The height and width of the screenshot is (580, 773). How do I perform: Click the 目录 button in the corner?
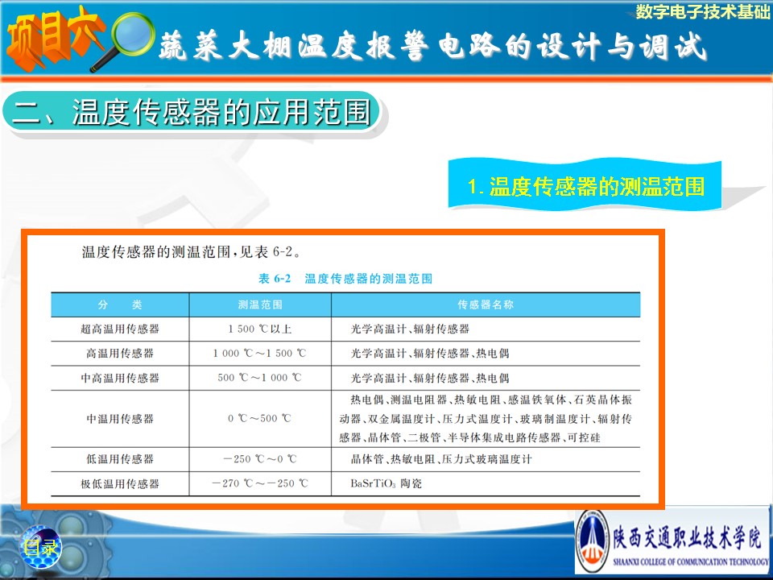pyautogui.click(x=40, y=547)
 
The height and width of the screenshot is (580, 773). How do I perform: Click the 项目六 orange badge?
pyautogui.click(x=53, y=39)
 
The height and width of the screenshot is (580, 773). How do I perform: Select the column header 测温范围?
pyautogui.click(x=260, y=304)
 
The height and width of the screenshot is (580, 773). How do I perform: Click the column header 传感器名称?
pyautogui.click(x=486, y=304)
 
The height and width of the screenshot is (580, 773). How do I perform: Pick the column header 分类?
pyautogui.click(x=120, y=304)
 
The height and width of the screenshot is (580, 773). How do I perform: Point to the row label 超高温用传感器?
pyautogui.click(x=120, y=329)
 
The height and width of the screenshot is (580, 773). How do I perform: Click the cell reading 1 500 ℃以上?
pyautogui.click(x=260, y=329)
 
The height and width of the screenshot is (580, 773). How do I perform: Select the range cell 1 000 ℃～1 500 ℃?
pyautogui.click(x=260, y=353)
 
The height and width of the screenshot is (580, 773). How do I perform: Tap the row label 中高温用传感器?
pyautogui.click(x=120, y=378)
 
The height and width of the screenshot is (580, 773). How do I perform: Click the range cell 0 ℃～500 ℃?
pyautogui.click(x=260, y=419)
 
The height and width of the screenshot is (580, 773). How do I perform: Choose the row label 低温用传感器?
pyautogui.click(x=120, y=459)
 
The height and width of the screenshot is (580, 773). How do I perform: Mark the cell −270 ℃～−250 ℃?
pyautogui.click(x=260, y=483)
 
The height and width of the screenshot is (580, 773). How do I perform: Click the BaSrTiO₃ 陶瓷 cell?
pyautogui.click(x=386, y=483)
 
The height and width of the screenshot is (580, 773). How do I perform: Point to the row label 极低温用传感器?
pyautogui.click(x=120, y=484)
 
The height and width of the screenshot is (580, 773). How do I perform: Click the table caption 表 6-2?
pyautogui.click(x=275, y=279)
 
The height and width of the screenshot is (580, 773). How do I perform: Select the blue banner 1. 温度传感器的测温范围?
pyautogui.click(x=585, y=186)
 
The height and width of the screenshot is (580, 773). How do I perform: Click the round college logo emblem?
pyautogui.click(x=592, y=541)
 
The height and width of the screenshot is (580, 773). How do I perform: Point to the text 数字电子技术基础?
pyautogui.click(x=702, y=11)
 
